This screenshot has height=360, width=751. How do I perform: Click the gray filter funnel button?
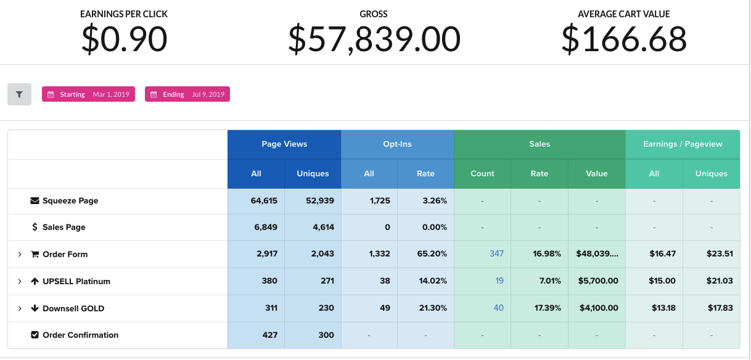coord(19,94)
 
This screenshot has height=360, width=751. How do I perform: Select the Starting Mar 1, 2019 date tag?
coord(88,94)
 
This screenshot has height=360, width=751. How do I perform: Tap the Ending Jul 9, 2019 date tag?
coord(187,94)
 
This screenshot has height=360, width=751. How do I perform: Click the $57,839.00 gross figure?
coord(374,39)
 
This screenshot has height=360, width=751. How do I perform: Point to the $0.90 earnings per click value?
coord(124,39)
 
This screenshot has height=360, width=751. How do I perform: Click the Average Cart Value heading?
coord(623,14)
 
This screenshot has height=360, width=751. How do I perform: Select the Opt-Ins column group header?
coord(397,144)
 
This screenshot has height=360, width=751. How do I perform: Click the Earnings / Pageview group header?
coord(683,144)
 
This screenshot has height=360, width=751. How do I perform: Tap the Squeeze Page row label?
coord(70,201)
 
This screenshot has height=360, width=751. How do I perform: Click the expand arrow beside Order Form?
coord(20,255)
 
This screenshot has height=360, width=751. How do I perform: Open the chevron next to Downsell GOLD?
coord(20,308)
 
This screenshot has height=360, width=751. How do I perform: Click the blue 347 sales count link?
coord(496,254)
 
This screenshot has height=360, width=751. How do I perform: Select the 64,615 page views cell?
coord(264,201)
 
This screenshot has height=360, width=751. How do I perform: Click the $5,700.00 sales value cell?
coord(598,281)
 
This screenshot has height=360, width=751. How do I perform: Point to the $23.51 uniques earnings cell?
coord(720,254)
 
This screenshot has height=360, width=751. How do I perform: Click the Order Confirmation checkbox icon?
coord(35,335)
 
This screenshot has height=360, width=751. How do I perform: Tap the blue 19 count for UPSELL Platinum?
coord(499,281)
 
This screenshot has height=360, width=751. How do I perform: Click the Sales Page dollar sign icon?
coord(35,227)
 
